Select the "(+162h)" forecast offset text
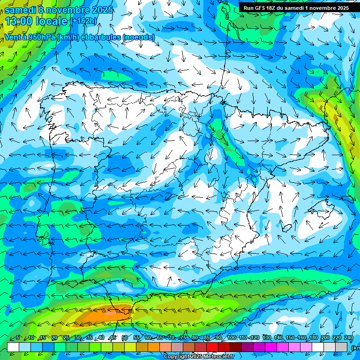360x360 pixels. (84, 21)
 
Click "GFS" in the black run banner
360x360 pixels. (260, 8)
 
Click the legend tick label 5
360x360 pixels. (18, 337)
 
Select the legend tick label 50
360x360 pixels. (124, 337)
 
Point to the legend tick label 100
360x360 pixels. (232, 337)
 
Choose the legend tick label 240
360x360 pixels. (349, 337)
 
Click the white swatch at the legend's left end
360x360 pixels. (13, 347)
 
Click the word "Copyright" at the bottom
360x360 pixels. (177, 357)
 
